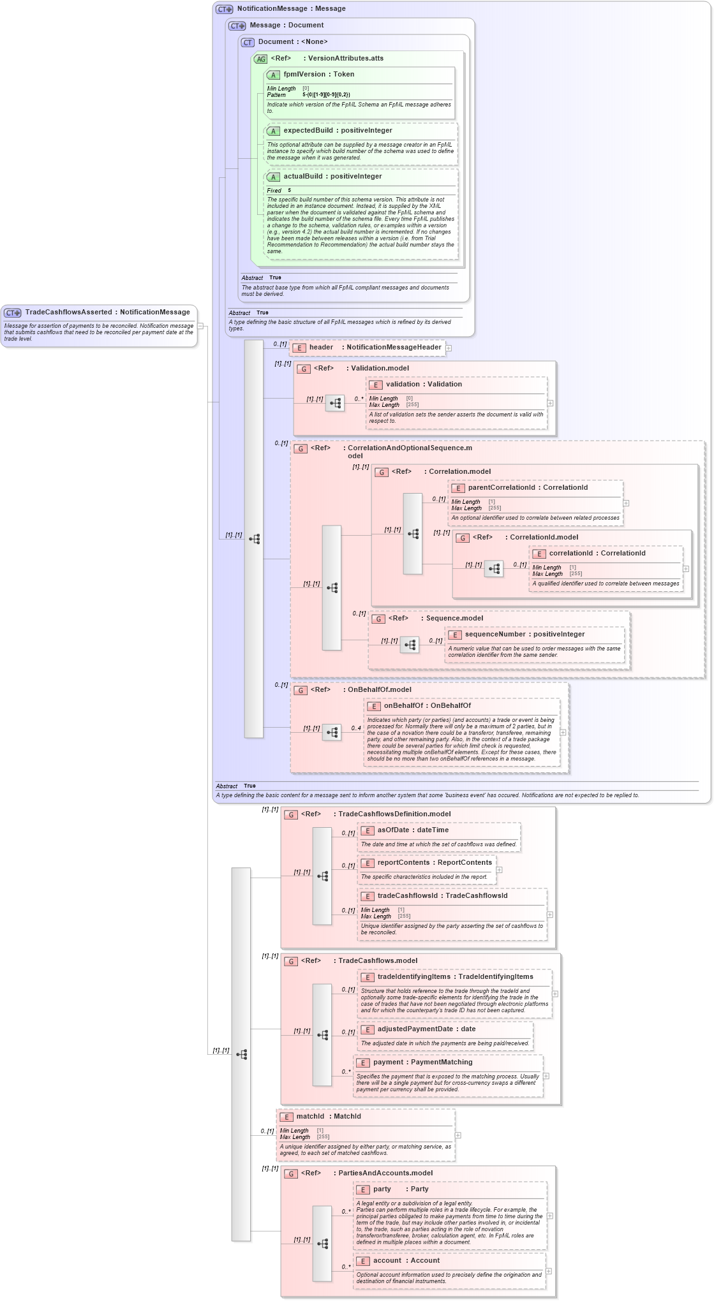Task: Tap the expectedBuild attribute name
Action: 308,131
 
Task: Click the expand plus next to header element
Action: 449,348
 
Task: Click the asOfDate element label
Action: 394,830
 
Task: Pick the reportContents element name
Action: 402,863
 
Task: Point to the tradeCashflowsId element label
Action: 407,896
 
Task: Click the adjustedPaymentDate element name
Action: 415,1029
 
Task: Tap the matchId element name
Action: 310,1117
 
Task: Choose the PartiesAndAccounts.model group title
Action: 385,1173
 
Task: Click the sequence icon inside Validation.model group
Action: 335,404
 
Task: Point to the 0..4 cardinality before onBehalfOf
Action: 355,728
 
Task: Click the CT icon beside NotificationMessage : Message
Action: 225,9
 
